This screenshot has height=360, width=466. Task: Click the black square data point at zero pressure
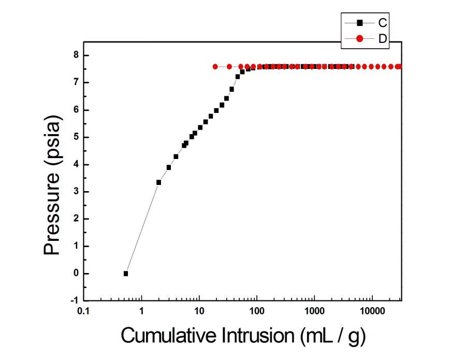126,273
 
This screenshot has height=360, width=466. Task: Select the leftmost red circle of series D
215,66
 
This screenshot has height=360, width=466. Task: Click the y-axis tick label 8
76,55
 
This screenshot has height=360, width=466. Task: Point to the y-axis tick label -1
75,301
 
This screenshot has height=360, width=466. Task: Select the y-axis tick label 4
76,165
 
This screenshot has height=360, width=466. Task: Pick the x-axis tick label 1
141,312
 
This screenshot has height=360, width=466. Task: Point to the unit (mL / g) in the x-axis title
333,337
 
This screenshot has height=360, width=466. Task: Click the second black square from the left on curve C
158,182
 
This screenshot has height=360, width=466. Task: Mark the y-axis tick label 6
76,110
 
